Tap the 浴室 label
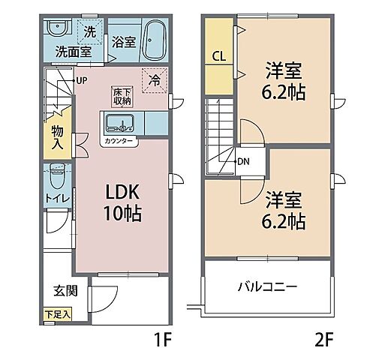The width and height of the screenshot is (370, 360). click(x=123, y=43)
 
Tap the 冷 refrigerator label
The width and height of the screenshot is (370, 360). click(x=154, y=77)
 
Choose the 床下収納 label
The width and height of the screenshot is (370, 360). click(x=122, y=95)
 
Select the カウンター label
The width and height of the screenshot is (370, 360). click(x=120, y=140)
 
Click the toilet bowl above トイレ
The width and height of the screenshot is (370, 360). click(x=55, y=180)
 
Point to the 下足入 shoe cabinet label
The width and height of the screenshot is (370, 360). click(x=56, y=315)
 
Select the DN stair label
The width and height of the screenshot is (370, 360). click(x=243, y=160)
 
